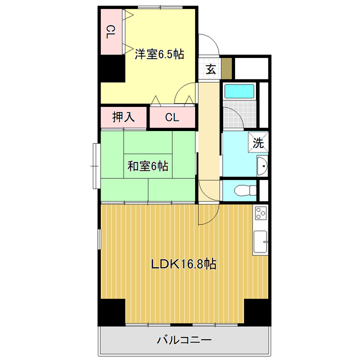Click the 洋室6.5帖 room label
pos(159,55)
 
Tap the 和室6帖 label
pos(147,166)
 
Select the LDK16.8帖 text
pos(184,263)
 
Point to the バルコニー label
pos(184,340)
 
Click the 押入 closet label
pos(123,118)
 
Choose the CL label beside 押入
pos(172,118)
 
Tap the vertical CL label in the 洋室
pos(110,33)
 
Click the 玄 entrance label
pos(210,70)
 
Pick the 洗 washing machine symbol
pos(258,142)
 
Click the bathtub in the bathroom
pos(240,91)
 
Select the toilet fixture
pos(244,190)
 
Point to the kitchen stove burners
pos(260,214)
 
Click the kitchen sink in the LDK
pos(260,242)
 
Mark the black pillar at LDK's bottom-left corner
pos(112,312)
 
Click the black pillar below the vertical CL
pos(112,69)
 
